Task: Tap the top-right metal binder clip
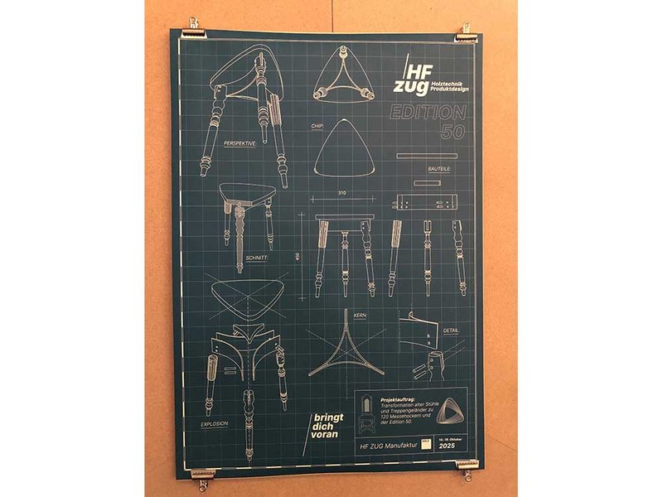467,33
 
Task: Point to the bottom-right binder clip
467,468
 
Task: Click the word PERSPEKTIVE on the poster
240,143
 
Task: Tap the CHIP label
317,127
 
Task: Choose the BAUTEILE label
439,168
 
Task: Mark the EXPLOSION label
215,423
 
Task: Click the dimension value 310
341,194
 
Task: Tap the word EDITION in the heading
428,113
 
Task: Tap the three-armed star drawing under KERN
346,351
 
